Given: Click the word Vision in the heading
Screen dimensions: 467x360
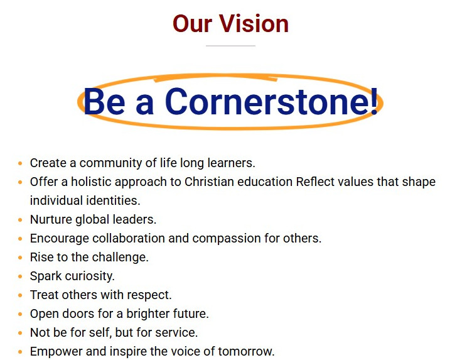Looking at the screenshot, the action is pyautogui.click(x=254, y=23).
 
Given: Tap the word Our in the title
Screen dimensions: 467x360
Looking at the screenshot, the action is pyautogui.click(x=193, y=23).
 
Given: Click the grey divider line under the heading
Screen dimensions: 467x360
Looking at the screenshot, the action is pyautogui.click(x=230, y=46).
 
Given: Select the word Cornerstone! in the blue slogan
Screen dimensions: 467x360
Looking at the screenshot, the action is pyautogui.click(x=272, y=101).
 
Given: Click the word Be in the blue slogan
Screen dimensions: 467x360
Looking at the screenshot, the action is pyautogui.click(x=104, y=101).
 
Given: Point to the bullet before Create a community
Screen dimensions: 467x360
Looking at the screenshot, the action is pyautogui.click(x=20, y=163).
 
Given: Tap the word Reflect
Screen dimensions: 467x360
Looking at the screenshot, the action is pyautogui.click(x=315, y=182).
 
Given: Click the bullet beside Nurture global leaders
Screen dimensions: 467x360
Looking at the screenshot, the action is pyautogui.click(x=20, y=220).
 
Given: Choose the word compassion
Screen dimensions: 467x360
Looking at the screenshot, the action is pyautogui.click(x=222, y=239).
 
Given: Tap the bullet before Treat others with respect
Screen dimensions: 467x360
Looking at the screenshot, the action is pyautogui.click(x=20, y=295).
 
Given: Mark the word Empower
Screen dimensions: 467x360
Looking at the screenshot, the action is pyautogui.click(x=56, y=352).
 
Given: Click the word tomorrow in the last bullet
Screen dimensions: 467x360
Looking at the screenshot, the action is pyautogui.click(x=246, y=351).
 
